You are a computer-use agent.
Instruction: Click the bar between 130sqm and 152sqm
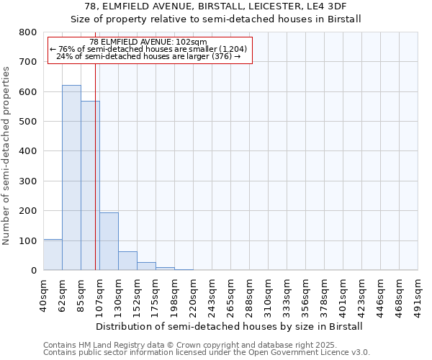(x=127, y=261)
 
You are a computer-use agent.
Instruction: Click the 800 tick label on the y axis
(x=27, y=32)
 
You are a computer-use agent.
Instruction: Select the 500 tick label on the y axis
(x=27, y=122)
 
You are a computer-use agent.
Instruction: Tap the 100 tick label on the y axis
(x=27, y=240)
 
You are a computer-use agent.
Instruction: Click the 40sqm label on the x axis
(x=44, y=293)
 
